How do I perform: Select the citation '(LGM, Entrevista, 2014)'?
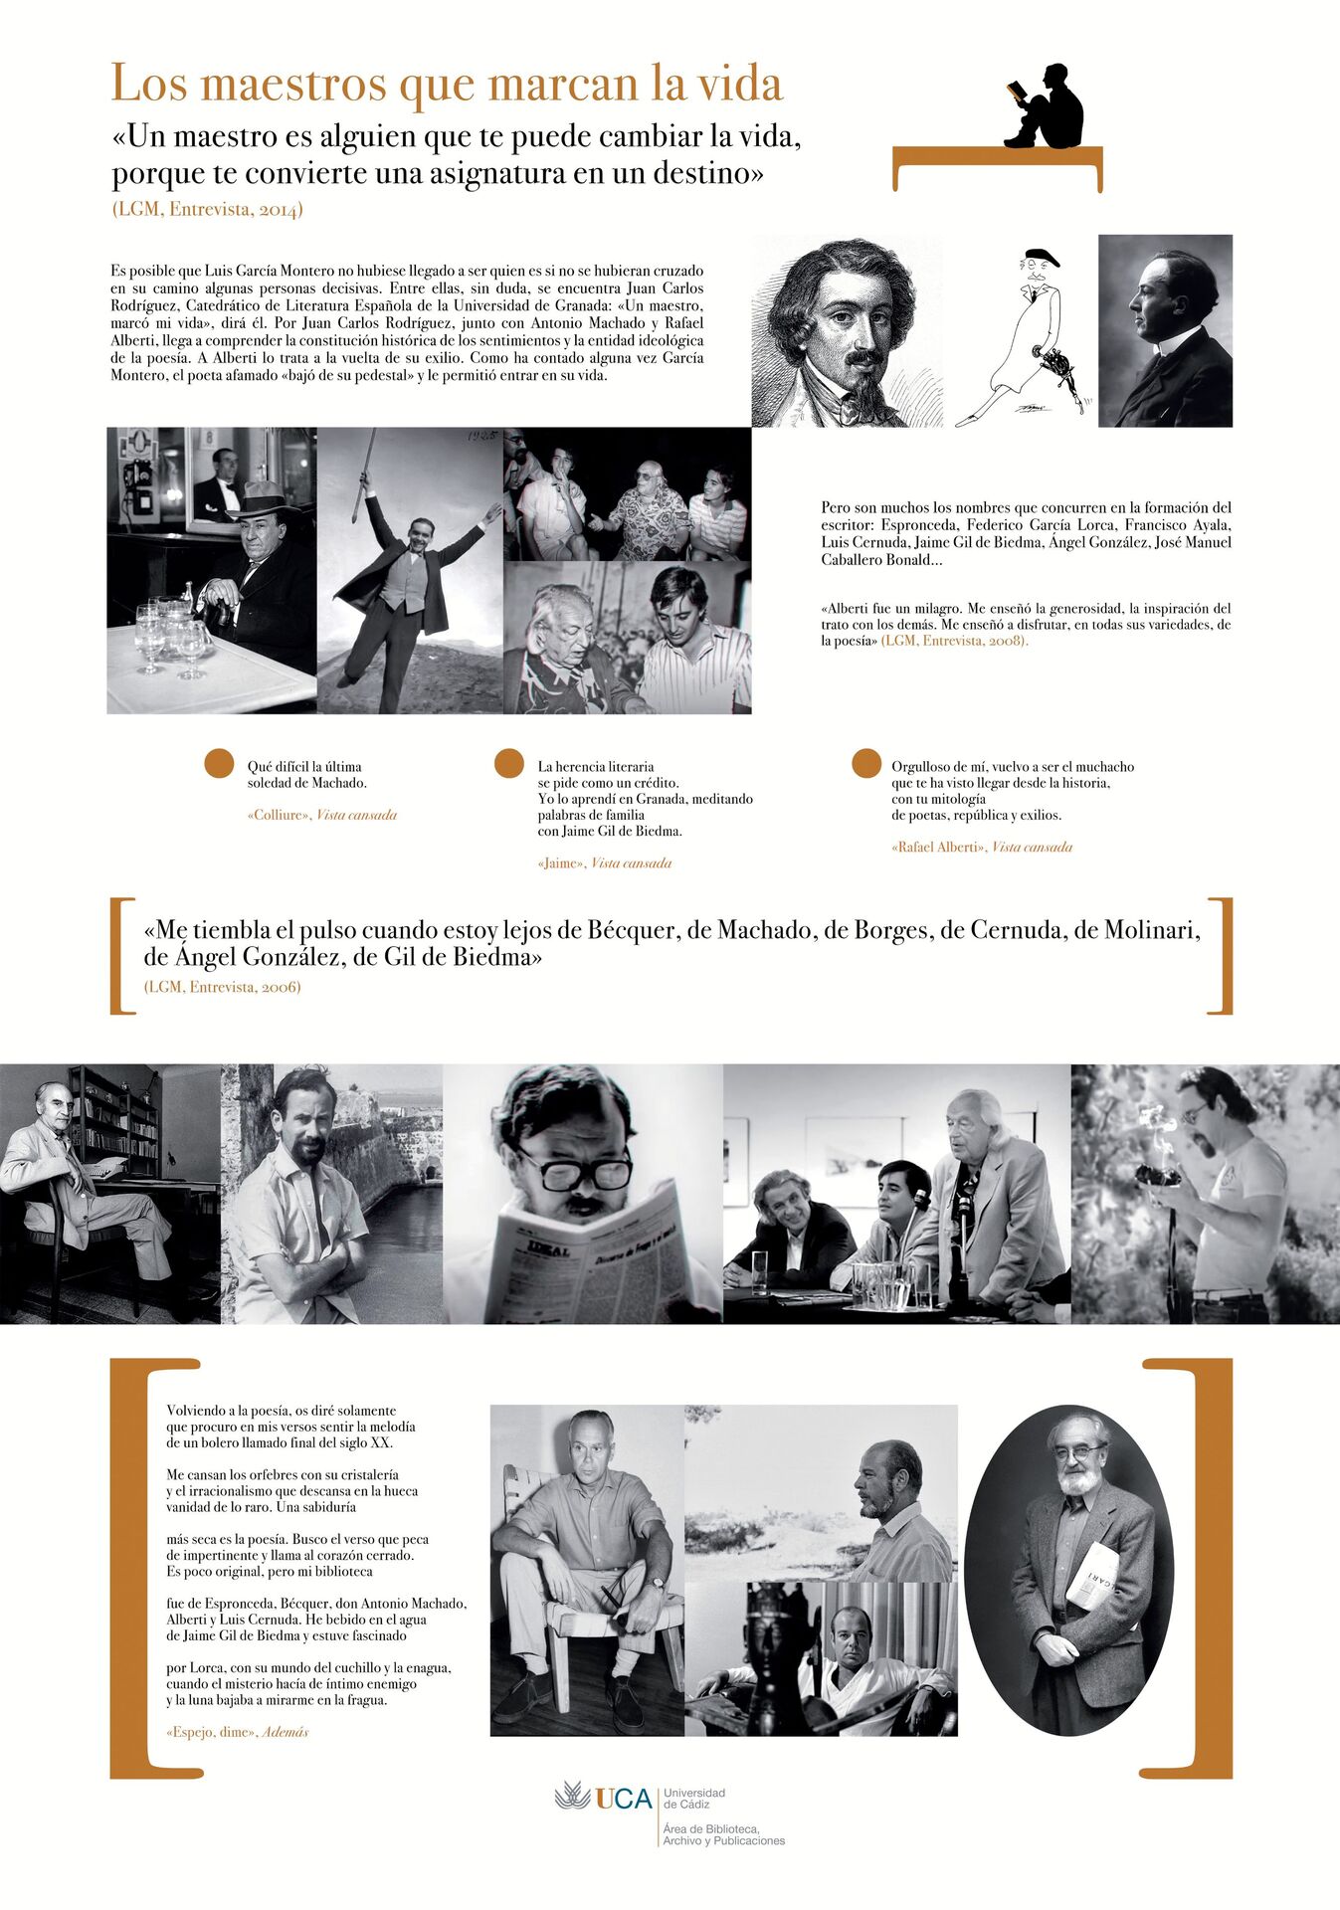pos(207,209)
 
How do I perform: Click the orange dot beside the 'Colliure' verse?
pos(219,763)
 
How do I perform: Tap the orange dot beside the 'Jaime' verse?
pos(509,763)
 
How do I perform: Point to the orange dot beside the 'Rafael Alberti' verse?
pos(866,763)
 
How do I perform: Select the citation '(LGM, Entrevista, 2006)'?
pos(222,987)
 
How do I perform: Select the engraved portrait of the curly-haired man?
pos(846,331)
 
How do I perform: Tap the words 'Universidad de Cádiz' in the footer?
pos(694,1798)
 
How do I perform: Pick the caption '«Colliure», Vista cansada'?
pos(321,815)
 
